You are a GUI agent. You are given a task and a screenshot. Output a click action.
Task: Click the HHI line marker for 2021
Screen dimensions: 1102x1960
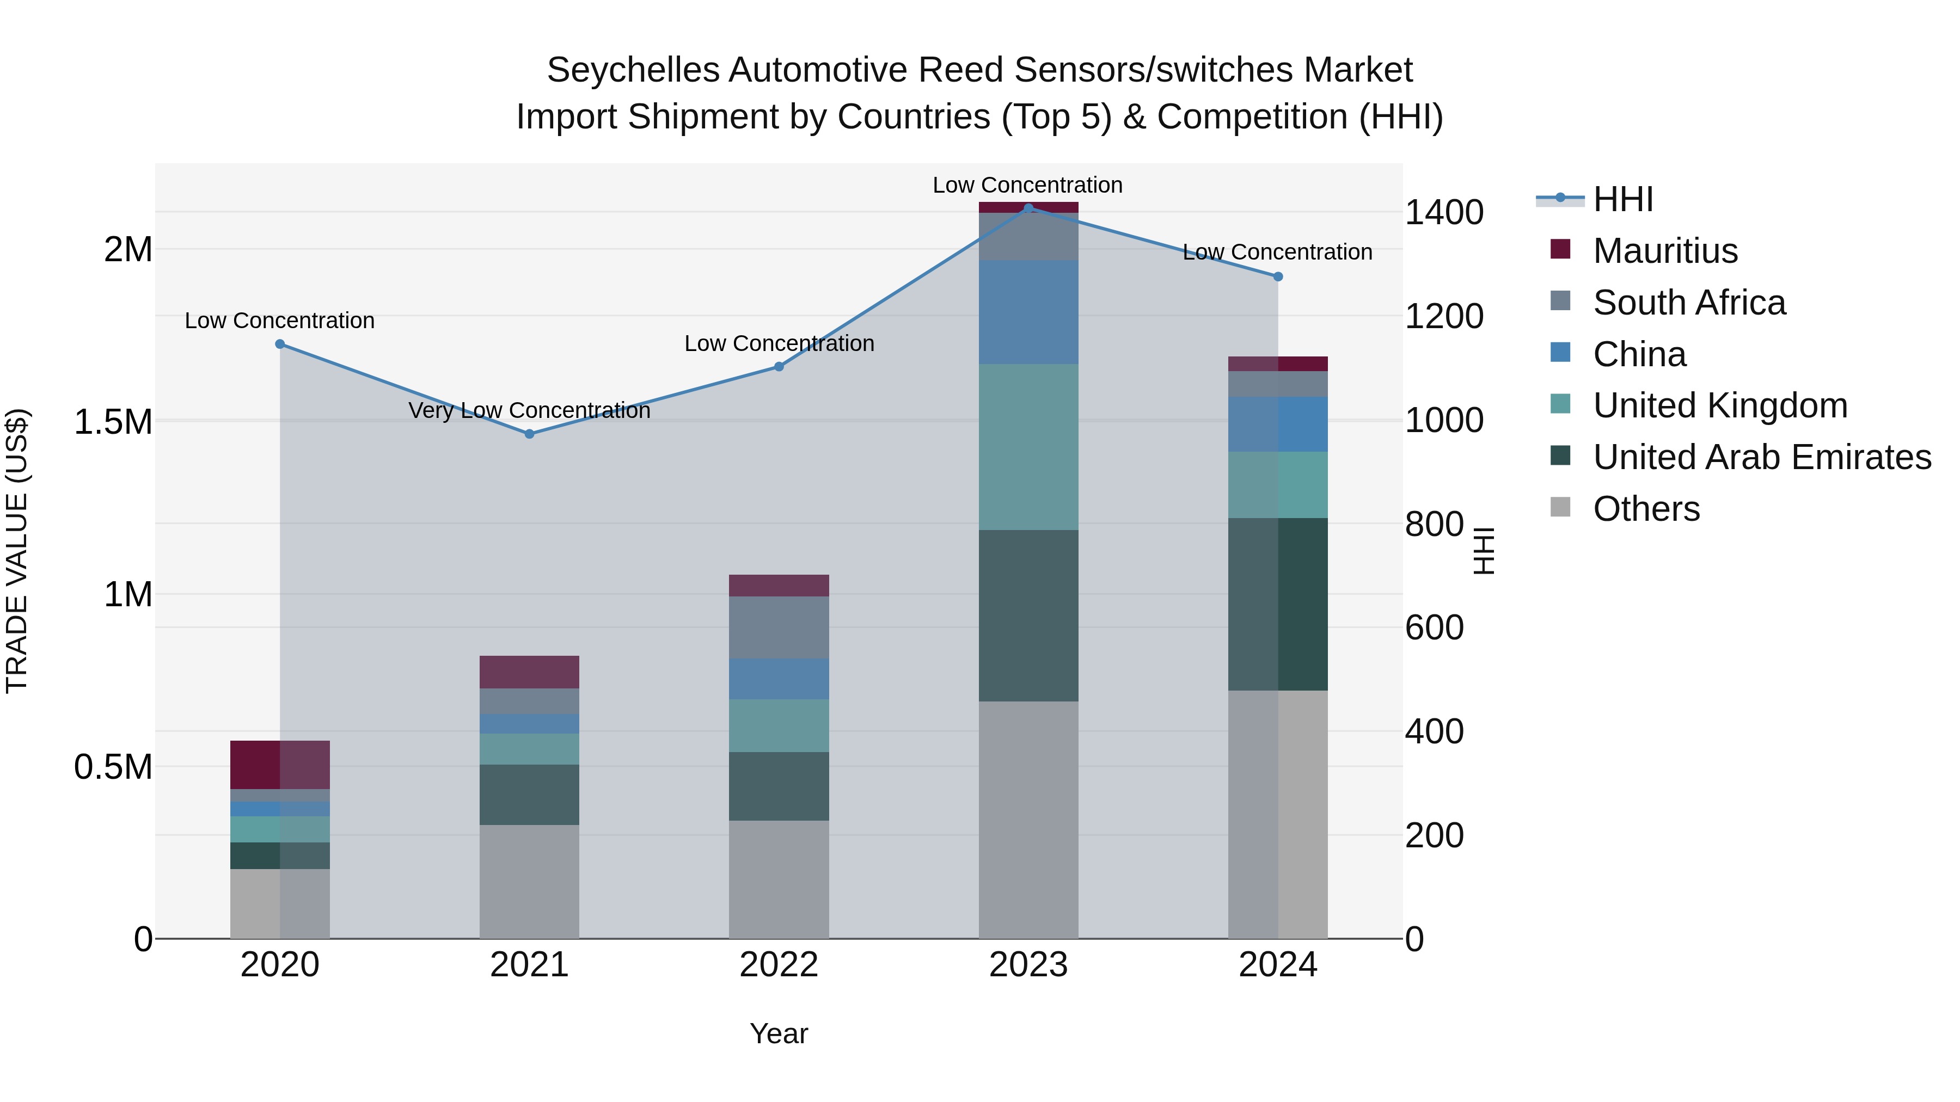pyautogui.click(x=530, y=434)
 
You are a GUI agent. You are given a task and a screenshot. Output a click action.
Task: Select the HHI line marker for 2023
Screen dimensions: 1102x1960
pyautogui.click(x=1028, y=208)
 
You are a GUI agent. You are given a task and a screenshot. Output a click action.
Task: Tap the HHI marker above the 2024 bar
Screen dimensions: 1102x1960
pyautogui.click(x=1277, y=277)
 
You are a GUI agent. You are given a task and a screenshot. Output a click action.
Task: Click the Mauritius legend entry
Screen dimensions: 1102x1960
pyautogui.click(x=1665, y=250)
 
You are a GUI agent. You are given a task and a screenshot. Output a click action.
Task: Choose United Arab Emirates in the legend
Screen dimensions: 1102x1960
pyautogui.click(x=1761, y=457)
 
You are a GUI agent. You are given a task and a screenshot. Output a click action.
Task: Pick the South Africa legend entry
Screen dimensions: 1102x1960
pyautogui.click(x=1688, y=302)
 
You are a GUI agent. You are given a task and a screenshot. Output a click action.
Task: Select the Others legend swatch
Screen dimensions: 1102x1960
pyautogui.click(x=1560, y=507)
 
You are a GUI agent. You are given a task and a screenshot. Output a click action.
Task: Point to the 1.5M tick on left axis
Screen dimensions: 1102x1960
pyautogui.click(x=113, y=421)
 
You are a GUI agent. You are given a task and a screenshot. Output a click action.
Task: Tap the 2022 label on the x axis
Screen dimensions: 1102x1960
pyautogui.click(x=779, y=964)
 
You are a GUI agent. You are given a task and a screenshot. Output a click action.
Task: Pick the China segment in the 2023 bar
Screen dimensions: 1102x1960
pyautogui.click(x=1028, y=312)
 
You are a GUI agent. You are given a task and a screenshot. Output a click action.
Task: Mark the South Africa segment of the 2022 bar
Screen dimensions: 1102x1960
pyautogui.click(x=779, y=627)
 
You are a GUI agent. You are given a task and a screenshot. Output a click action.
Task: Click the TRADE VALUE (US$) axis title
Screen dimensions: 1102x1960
pyautogui.click(x=17, y=551)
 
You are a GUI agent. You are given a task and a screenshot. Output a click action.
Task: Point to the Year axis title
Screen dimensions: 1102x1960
pyautogui.click(x=779, y=1033)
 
